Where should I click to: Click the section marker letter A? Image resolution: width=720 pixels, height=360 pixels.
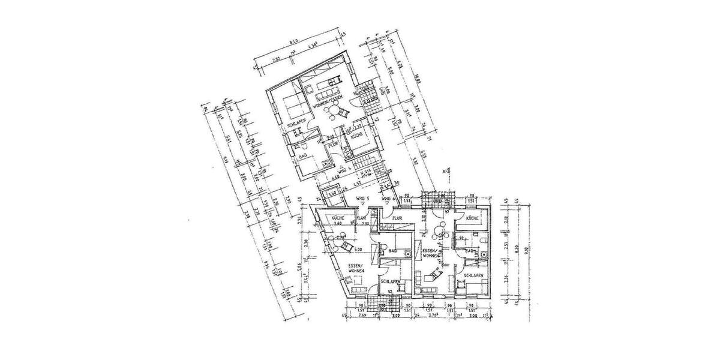pos(444,172)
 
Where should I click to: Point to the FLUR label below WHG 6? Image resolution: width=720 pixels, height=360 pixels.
pos(397,218)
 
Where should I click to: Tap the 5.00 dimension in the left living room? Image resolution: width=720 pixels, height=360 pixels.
pos(359,250)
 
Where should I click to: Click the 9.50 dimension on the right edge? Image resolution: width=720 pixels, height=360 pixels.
pos(526,252)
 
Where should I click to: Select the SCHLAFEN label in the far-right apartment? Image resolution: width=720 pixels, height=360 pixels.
pos(473,277)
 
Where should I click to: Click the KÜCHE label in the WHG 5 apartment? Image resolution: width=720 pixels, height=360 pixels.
pos(335,218)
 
